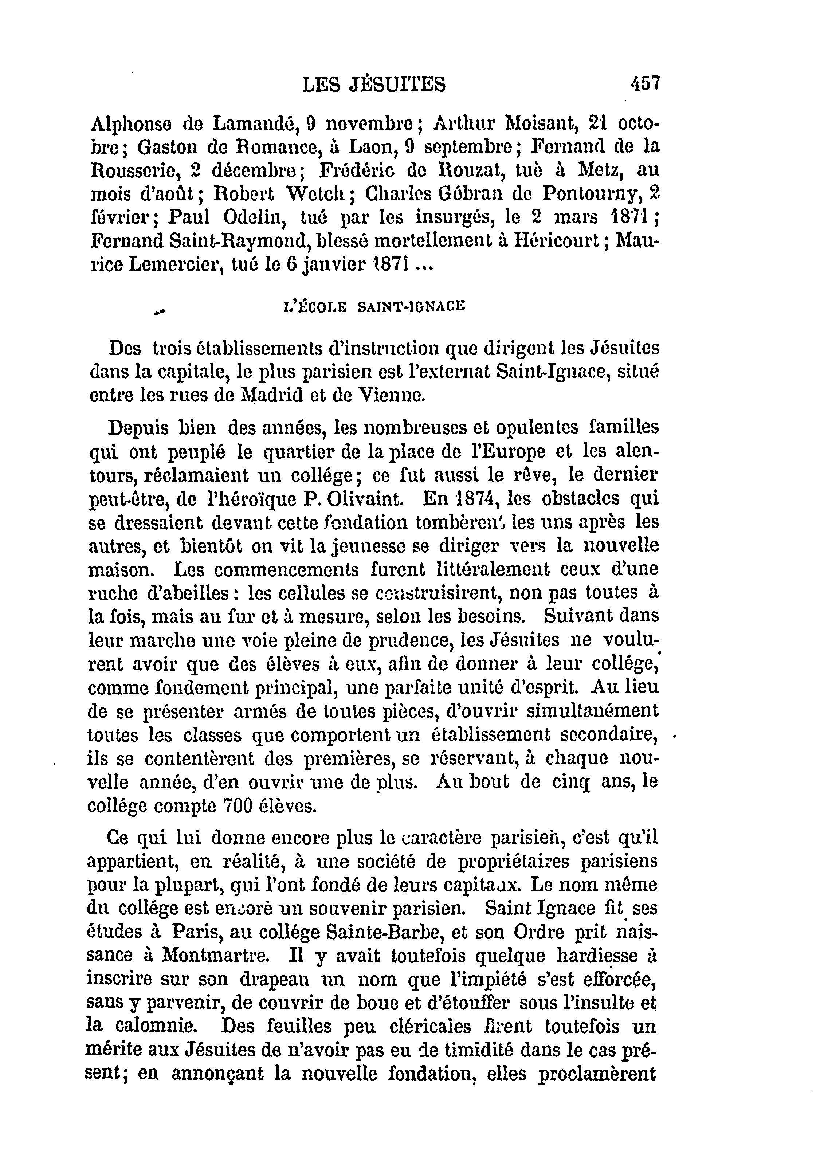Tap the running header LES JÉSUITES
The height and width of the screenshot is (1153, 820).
click(x=374, y=84)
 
